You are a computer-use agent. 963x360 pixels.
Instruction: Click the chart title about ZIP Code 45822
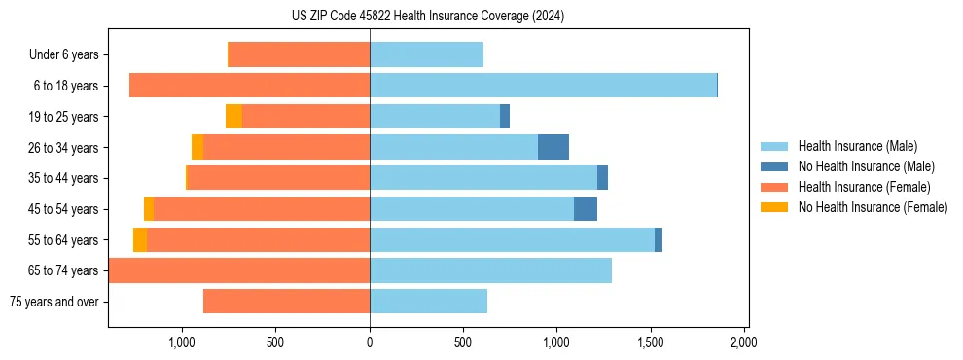(427, 16)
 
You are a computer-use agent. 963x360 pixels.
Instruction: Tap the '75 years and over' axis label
(53, 302)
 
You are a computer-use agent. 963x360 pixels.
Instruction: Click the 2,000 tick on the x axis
(743, 342)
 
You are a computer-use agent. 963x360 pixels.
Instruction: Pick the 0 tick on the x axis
(370, 342)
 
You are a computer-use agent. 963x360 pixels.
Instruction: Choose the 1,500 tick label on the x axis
(650, 342)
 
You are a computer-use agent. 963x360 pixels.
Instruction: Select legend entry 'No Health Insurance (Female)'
(873, 207)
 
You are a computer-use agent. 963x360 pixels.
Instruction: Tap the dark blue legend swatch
(776, 166)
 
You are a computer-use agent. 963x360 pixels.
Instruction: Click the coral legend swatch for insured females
(776, 187)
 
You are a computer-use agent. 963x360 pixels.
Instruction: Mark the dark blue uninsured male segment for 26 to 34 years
(553, 147)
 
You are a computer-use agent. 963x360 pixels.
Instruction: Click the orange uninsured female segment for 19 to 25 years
(233, 117)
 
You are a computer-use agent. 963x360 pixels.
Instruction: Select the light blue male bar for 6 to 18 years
(543, 86)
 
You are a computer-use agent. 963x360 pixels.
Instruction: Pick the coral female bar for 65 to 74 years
(239, 270)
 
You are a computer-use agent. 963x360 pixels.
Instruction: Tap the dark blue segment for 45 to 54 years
(586, 209)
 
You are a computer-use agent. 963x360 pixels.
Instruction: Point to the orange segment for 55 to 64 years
(140, 239)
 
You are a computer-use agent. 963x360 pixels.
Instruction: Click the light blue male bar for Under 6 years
(426, 54)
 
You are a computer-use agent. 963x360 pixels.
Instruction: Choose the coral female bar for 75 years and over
(286, 302)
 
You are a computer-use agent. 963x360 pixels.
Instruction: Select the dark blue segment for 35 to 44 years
(602, 178)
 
